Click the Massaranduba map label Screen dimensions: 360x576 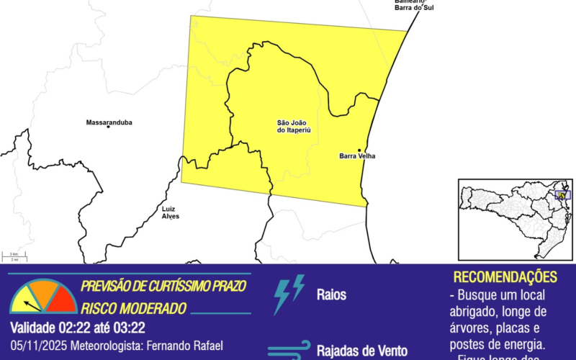[109, 122]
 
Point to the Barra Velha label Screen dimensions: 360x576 [357, 156]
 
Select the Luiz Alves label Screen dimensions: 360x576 [171, 212]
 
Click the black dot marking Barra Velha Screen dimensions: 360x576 [359, 149]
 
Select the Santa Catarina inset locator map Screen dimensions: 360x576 [515, 219]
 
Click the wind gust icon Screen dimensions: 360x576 [288, 350]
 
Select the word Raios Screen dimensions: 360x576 [331, 294]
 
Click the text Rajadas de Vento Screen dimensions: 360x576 [361, 351]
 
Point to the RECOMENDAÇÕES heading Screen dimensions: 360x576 [505, 277]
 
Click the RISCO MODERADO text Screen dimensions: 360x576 [133, 308]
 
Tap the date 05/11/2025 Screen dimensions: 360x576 [36, 346]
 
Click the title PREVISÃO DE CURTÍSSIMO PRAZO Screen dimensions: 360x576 [163, 286]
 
